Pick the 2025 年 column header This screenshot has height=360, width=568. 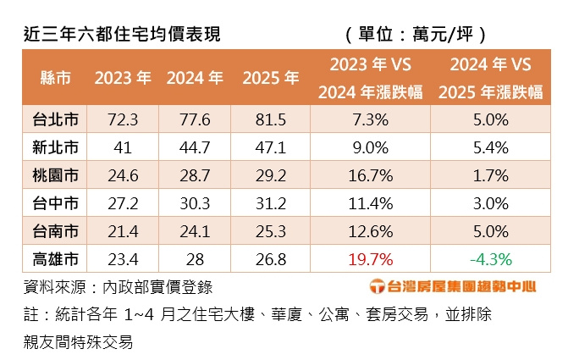(x=270, y=78)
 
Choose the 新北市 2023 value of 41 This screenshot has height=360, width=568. (x=123, y=147)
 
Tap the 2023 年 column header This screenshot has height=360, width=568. (x=123, y=78)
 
